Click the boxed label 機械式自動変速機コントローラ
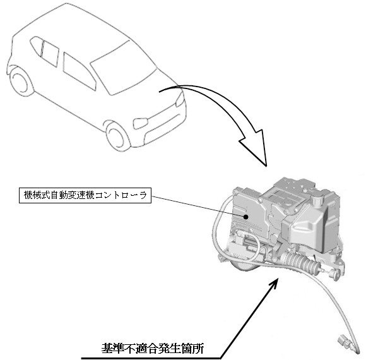[x=85, y=195]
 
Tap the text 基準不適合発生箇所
[x=153, y=349]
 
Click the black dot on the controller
[x=245, y=217]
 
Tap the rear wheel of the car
[x=20, y=79]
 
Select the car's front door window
[x=79, y=71]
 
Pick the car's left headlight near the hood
[x=180, y=100]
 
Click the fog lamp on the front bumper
[x=140, y=123]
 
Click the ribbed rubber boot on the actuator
[x=301, y=262]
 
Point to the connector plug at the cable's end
[x=345, y=342]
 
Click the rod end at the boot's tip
[x=334, y=275]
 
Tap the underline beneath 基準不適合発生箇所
[x=151, y=358]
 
